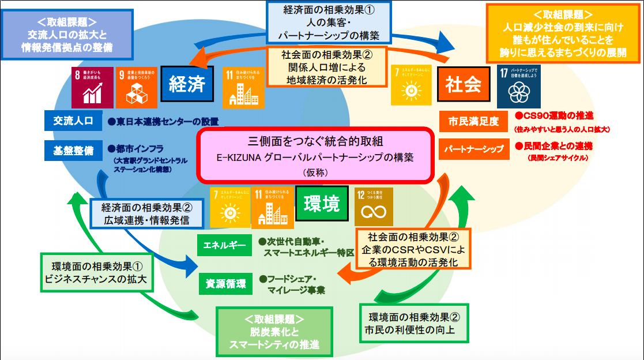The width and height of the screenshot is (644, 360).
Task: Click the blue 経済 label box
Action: tap(187, 85)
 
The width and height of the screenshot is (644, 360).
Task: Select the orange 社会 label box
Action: tap(463, 85)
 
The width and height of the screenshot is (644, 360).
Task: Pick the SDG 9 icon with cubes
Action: tap(136, 87)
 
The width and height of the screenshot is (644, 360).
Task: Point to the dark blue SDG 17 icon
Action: tap(520, 85)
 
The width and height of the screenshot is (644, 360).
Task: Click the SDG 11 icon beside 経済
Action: tap(243, 87)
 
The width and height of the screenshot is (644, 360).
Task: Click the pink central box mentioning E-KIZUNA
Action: tap(315, 154)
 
